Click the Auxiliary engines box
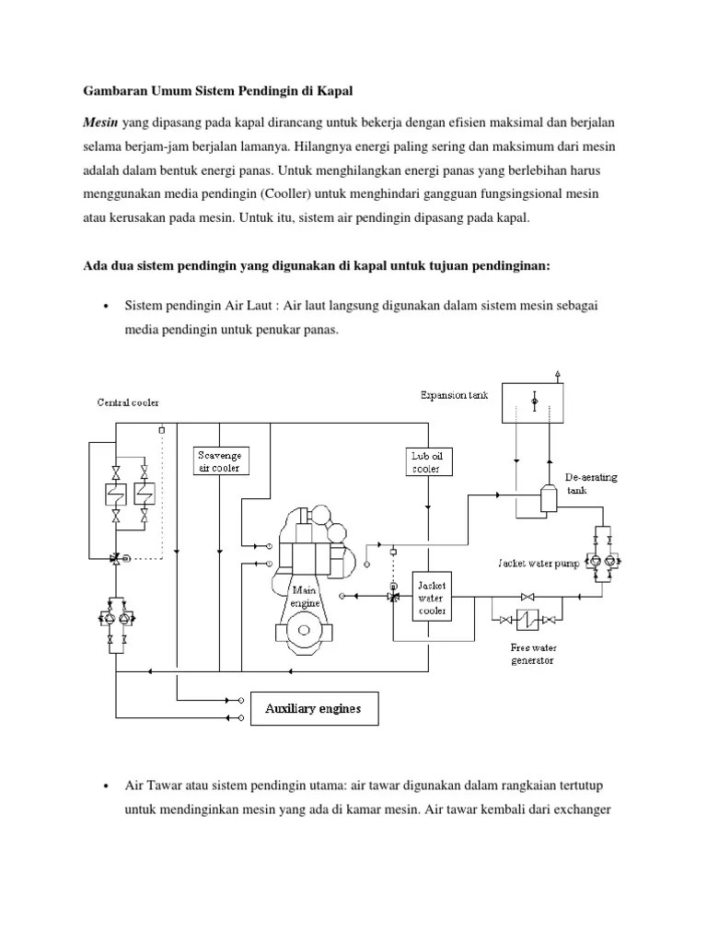click(313, 708)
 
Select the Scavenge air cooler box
click(219, 461)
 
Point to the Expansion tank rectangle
click(534, 402)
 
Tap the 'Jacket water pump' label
click(539, 563)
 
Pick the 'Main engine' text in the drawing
click(305, 596)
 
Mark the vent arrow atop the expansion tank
click(558, 374)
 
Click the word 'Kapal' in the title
click(333, 92)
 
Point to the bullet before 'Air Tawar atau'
click(108, 785)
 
